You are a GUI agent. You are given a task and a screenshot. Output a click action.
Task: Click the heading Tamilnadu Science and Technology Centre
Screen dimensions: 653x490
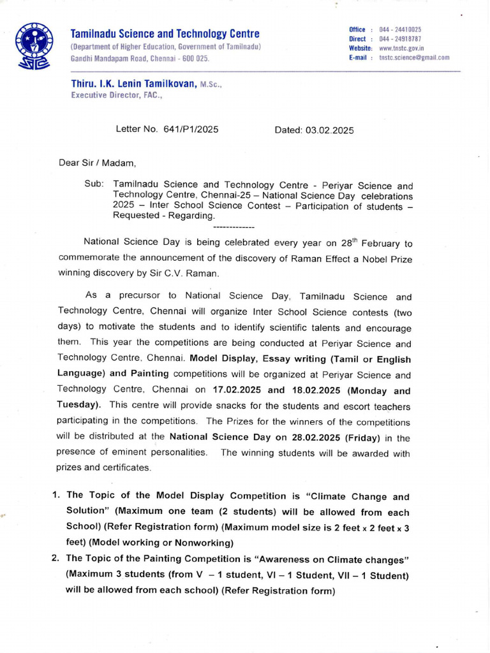(x=165, y=34)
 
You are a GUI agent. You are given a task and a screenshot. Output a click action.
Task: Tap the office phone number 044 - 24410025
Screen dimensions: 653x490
(x=400, y=30)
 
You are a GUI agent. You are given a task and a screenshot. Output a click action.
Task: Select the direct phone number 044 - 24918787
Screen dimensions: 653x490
(x=400, y=39)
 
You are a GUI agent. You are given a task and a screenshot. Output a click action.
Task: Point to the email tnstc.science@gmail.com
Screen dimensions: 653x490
(x=414, y=57)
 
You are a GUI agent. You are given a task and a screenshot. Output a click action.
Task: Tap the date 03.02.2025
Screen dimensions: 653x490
(x=329, y=130)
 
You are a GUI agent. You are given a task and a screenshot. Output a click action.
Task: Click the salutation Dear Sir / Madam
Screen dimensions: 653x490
(x=98, y=163)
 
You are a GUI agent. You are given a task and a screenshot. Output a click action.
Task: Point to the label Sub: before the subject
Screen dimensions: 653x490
(x=94, y=184)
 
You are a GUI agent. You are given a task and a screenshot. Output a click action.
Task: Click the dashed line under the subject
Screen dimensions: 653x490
(x=234, y=227)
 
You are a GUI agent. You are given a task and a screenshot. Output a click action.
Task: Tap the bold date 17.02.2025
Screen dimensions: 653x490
(x=237, y=390)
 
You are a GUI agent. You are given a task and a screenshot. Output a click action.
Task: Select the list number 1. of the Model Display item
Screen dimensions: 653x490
(x=56, y=495)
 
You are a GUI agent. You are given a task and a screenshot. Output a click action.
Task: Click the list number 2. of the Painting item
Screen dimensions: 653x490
(x=56, y=559)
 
